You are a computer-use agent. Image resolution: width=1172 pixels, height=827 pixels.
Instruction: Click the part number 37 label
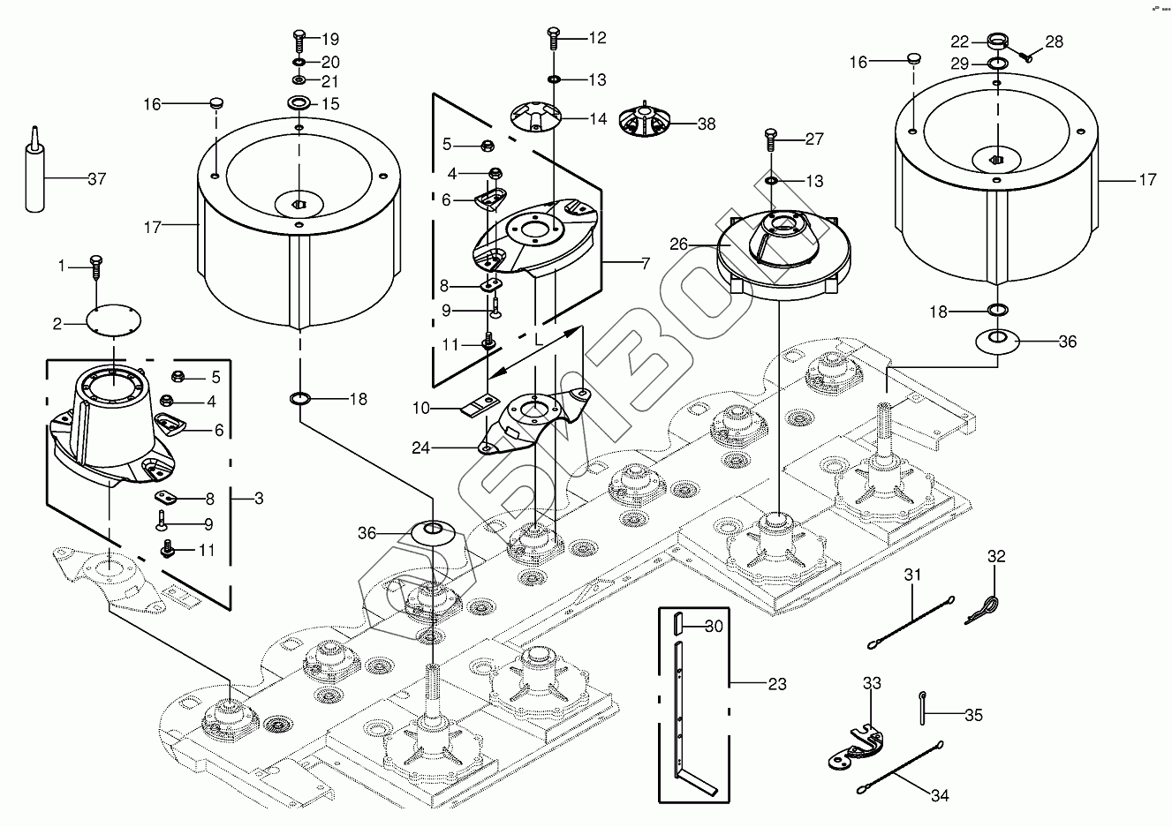[x=97, y=179]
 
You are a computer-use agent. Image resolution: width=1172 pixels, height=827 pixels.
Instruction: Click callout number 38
[x=707, y=124]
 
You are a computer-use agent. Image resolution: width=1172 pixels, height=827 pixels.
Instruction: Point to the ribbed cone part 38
[x=644, y=120]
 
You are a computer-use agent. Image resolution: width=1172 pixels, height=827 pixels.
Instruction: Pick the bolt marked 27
[x=771, y=139]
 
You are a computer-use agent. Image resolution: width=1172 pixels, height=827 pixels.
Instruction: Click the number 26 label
[x=678, y=244]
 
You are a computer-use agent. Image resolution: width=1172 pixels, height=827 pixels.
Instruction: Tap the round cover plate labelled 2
[x=114, y=320]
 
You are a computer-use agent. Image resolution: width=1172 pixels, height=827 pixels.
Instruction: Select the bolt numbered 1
[x=96, y=267]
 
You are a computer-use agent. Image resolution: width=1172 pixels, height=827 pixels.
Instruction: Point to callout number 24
[x=420, y=448]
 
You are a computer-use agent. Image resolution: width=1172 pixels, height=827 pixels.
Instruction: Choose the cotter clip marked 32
[x=983, y=611]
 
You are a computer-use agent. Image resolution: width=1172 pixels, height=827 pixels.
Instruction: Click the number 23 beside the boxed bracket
[x=777, y=684]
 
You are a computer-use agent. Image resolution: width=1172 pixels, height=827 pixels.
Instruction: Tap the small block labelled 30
[x=678, y=623]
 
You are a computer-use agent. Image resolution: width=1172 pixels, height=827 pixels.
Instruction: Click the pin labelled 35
[x=923, y=709]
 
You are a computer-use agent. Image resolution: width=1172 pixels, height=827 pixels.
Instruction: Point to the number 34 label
[x=940, y=795]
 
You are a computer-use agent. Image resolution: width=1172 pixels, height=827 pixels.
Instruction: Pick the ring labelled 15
[x=299, y=102]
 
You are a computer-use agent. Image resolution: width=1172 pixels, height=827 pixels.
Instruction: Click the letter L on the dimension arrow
[x=539, y=340]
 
